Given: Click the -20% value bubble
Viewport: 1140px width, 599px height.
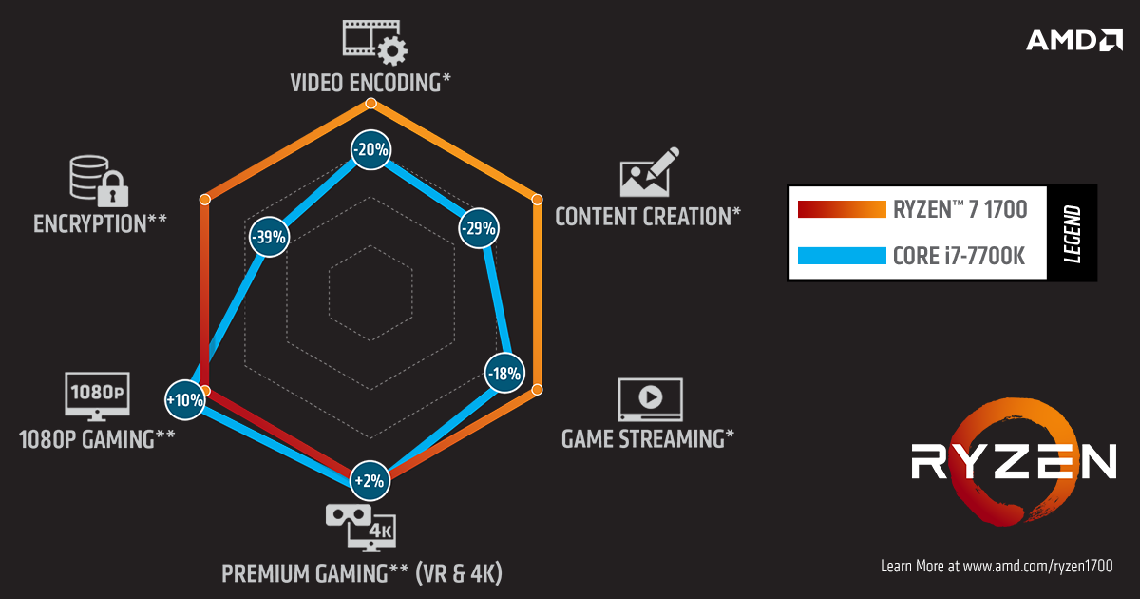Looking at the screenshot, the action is [x=371, y=150].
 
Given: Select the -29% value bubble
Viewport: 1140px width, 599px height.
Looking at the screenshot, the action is [x=479, y=228].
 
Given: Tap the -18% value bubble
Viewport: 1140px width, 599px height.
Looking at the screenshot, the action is [x=504, y=374].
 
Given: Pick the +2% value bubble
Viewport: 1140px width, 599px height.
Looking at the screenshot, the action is [x=370, y=480].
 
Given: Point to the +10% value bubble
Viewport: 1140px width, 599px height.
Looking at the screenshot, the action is [x=185, y=400].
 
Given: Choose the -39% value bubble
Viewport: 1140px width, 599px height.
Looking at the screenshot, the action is [x=269, y=237].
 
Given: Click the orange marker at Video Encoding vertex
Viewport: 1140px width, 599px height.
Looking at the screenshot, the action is [x=371, y=104].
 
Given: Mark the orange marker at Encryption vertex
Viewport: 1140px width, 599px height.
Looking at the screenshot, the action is [x=204, y=199].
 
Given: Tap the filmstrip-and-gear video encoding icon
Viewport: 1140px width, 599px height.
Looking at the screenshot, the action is [x=375, y=43].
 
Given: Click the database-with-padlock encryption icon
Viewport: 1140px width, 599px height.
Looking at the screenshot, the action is [x=99, y=181].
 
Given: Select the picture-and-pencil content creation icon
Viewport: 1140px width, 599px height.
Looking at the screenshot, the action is [x=650, y=172].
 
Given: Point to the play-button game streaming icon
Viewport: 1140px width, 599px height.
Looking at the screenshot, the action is [x=651, y=399].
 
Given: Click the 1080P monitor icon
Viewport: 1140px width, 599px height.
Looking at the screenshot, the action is [x=97, y=396].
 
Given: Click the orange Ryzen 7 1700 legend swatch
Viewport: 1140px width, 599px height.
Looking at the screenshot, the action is [x=842, y=209].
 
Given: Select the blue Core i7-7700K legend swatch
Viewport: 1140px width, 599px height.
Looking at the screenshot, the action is [x=842, y=256].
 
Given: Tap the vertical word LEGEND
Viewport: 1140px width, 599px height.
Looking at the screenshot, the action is [x=1073, y=234].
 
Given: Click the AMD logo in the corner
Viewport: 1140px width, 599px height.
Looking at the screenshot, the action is [x=1074, y=40].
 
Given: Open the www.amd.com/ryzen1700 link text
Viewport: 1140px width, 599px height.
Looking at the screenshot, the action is [x=1037, y=567].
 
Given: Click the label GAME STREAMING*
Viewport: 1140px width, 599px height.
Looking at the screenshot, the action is [x=648, y=439].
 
